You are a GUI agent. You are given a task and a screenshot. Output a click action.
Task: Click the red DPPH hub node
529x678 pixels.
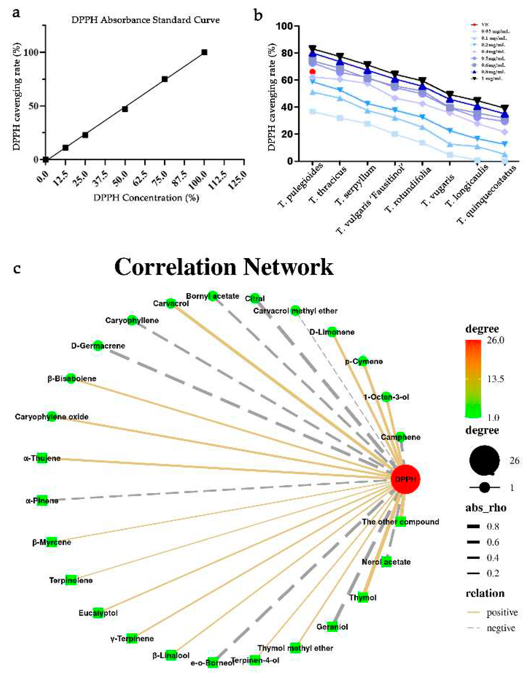click(405, 479)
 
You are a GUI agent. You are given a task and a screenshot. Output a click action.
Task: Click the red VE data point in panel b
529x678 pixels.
click(313, 72)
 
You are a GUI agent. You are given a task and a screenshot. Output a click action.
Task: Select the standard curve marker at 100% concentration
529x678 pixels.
click(204, 52)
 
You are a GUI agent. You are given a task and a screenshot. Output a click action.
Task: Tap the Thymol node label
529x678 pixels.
click(363, 597)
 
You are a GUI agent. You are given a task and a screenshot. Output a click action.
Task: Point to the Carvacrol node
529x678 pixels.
click(171, 303)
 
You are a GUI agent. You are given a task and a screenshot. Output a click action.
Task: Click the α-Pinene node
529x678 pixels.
click(42, 501)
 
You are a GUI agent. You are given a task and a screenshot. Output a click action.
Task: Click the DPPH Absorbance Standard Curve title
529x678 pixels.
click(145, 20)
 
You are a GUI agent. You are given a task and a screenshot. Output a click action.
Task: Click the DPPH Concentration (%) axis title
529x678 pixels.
click(146, 198)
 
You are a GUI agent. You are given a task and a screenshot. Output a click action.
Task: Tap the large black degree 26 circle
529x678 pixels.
click(484, 461)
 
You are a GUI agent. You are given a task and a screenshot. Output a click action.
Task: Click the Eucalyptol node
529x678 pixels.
click(98, 613)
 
